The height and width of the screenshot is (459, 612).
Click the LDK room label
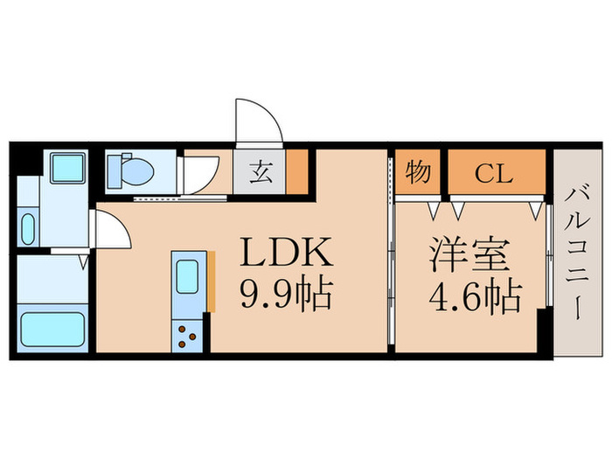(x=285, y=254)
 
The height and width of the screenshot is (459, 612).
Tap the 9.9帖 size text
(x=285, y=295)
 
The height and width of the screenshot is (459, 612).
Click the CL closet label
(x=494, y=172)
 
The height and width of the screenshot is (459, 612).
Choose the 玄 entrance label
(x=261, y=172)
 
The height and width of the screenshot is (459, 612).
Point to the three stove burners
(x=186, y=336)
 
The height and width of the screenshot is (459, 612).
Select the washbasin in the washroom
(x=27, y=230)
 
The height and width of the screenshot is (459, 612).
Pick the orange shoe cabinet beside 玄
(x=298, y=172)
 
